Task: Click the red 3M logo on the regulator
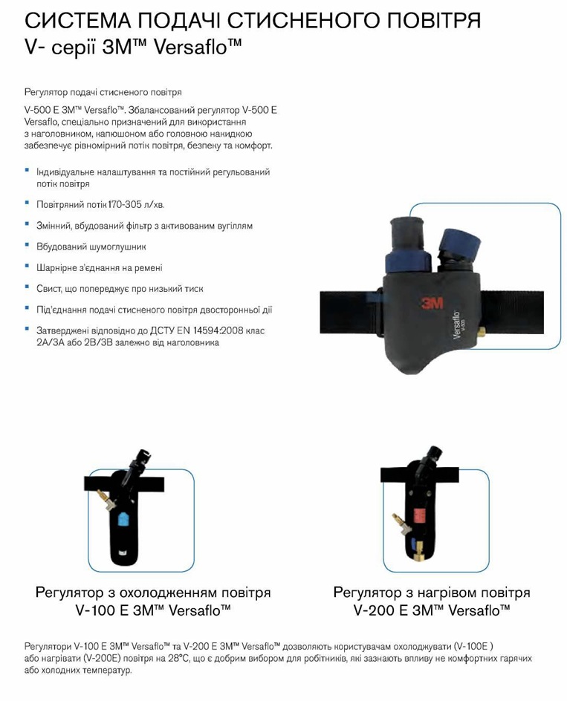pos(432,304)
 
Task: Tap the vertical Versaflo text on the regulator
pos(457,325)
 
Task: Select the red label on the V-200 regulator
pos(419,516)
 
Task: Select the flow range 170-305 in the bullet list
pos(125,205)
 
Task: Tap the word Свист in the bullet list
pos(49,289)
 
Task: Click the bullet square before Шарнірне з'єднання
pos(27,266)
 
